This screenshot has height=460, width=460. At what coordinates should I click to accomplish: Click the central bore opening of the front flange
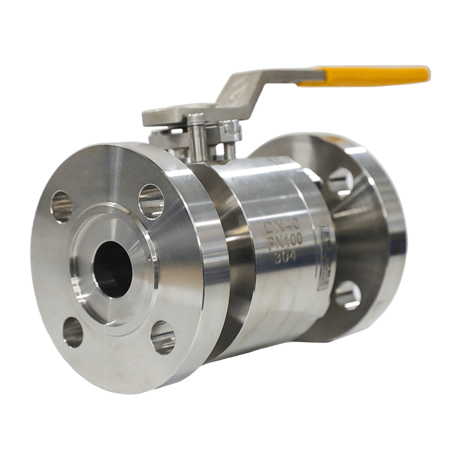coord(113,267)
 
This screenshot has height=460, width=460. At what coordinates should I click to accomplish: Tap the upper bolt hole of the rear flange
coord(342,179)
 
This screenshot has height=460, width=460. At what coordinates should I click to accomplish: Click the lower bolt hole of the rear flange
coord(347,295)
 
